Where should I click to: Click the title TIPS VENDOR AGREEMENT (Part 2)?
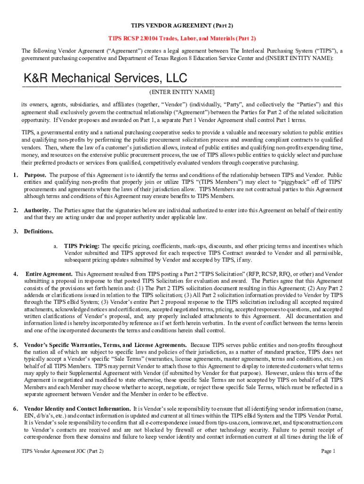pos(182,25)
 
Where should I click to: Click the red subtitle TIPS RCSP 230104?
pos(182,38)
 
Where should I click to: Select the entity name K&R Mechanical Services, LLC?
pos(105,78)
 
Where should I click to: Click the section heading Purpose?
pos(35,175)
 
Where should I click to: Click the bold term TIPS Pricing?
pos(82,246)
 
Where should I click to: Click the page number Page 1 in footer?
pos(328,451)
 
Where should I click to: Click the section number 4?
pos(16,274)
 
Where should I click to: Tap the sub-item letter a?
pos(55,246)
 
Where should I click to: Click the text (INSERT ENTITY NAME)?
pos(294,58)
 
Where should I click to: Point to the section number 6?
pos(16,408)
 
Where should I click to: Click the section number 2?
pos(16,210)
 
